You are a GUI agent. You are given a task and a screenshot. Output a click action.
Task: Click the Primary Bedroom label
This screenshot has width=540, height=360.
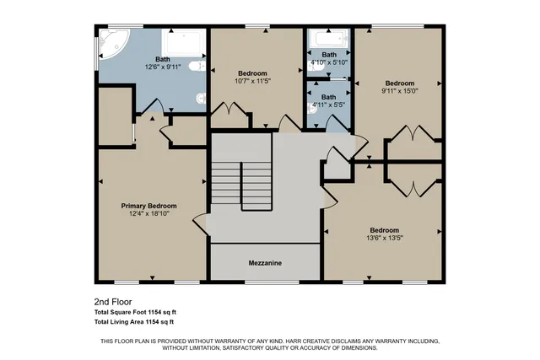click(x=148, y=206)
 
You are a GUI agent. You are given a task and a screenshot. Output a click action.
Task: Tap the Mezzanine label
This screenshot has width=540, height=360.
click(x=265, y=263)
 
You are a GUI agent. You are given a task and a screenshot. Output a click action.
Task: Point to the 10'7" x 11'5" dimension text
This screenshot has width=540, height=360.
click(x=253, y=81)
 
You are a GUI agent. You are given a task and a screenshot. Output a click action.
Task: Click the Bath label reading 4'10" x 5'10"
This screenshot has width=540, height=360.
click(x=328, y=55)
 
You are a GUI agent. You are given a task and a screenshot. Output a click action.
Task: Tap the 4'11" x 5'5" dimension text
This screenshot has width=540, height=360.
click(x=328, y=105)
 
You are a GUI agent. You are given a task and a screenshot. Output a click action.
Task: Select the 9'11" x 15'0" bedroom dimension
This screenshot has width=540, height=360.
click(x=399, y=92)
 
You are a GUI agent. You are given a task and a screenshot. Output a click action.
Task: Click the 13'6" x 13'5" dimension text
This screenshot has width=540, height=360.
click(x=383, y=238)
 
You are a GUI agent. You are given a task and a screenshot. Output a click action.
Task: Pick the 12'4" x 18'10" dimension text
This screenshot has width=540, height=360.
click(x=148, y=214)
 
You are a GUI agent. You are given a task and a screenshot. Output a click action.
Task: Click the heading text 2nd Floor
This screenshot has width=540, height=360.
click(x=111, y=301)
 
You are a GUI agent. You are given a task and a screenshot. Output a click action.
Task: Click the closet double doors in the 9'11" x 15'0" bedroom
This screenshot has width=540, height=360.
click(x=413, y=135)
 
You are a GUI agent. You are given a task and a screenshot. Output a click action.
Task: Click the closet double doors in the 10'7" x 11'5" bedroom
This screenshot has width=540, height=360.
click(x=230, y=111)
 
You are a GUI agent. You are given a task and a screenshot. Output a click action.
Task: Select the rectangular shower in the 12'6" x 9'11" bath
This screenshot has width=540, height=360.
click(x=184, y=46)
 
